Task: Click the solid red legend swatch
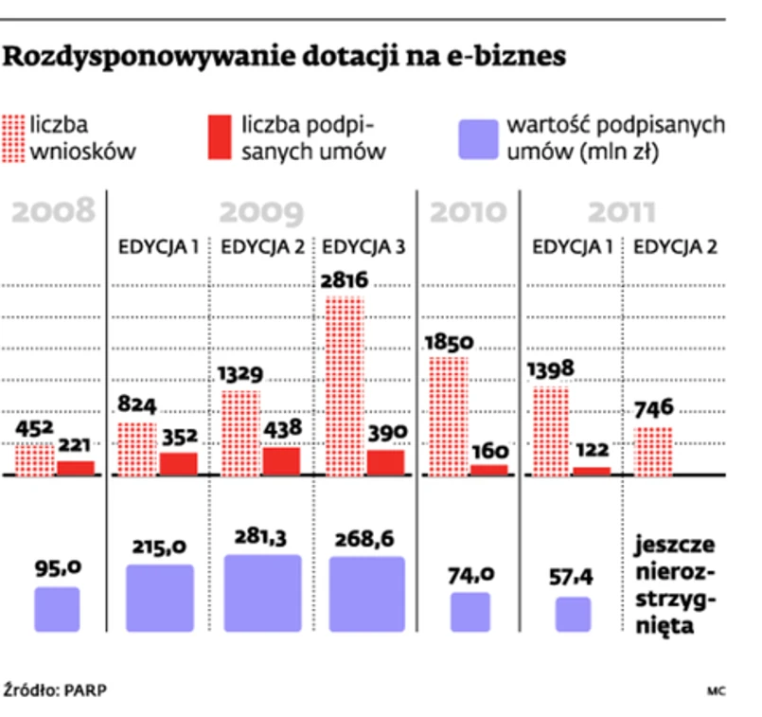[x=219, y=138]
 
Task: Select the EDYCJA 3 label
[x=364, y=248]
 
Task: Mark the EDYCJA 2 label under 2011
[x=675, y=248]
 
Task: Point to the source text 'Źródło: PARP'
[x=56, y=690]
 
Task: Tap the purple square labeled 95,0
[x=57, y=610]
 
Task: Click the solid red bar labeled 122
[x=592, y=470]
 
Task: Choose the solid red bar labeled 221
[x=76, y=467]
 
